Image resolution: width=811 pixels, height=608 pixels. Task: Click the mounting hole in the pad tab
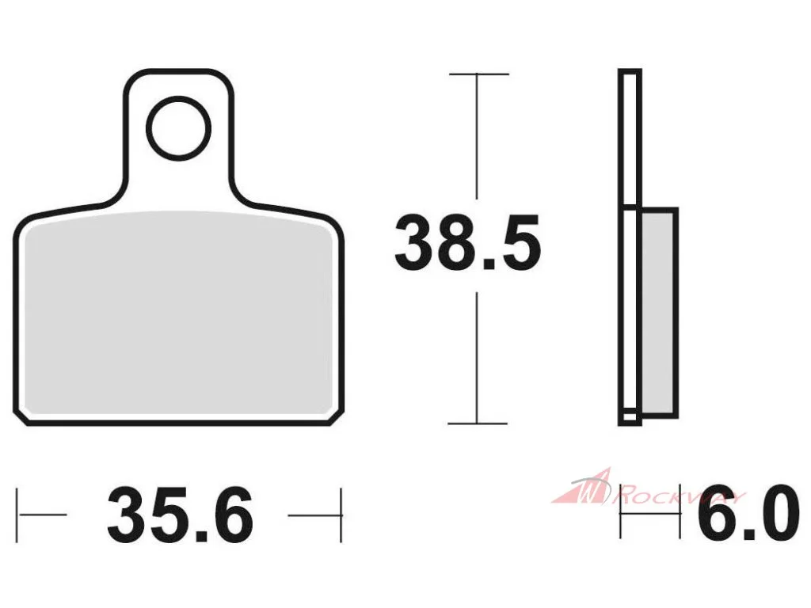pos(178,128)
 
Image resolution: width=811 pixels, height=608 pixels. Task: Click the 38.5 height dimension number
pos(467,244)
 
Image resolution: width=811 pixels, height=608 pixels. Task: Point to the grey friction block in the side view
pos(658,312)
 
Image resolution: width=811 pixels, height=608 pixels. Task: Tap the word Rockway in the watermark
pos(679,496)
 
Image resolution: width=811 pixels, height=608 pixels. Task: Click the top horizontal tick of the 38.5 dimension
pos(479,74)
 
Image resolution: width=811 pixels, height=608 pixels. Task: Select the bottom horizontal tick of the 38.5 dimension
pos(478,424)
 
